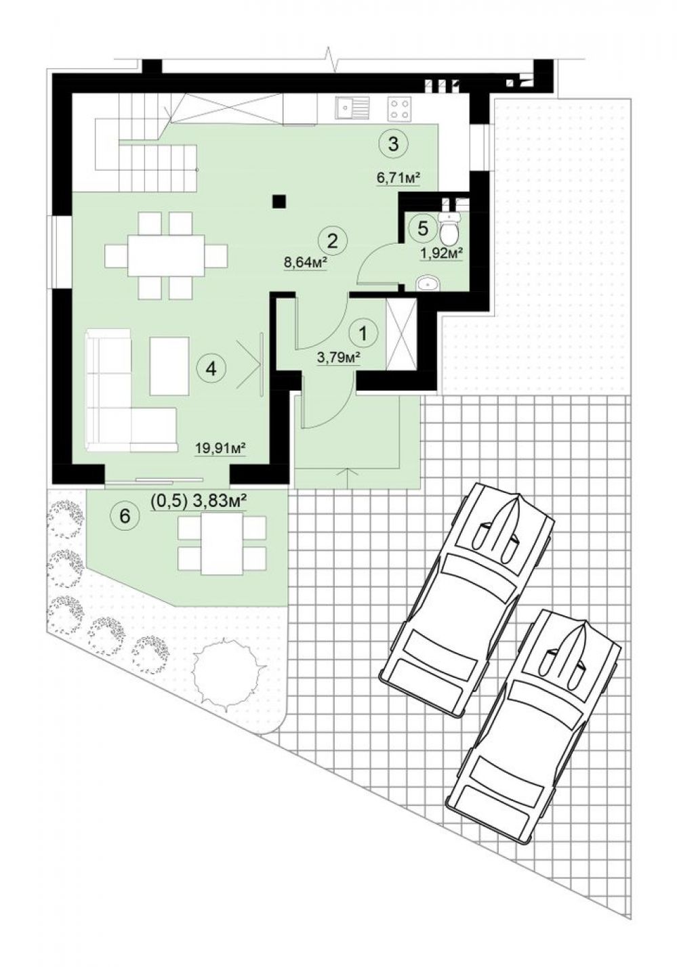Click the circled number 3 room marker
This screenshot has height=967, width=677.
click(x=393, y=145)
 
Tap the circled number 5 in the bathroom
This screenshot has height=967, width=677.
click(x=424, y=228)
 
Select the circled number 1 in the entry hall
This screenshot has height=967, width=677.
click(x=363, y=333)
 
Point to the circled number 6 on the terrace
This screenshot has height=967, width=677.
click(x=125, y=515)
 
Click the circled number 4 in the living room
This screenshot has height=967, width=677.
click(x=211, y=368)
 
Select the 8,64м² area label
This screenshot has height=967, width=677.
click(x=304, y=262)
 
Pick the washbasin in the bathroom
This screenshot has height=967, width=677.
click(x=427, y=284)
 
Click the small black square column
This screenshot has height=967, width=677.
click(x=279, y=202)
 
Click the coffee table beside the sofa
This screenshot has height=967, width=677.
click(x=169, y=366)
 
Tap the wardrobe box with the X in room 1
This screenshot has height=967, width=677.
click(x=401, y=334)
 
